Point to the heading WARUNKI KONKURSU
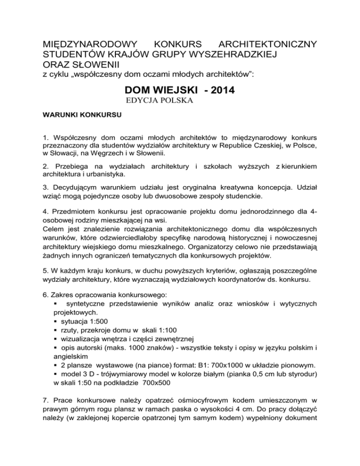[x=76, y=114]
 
